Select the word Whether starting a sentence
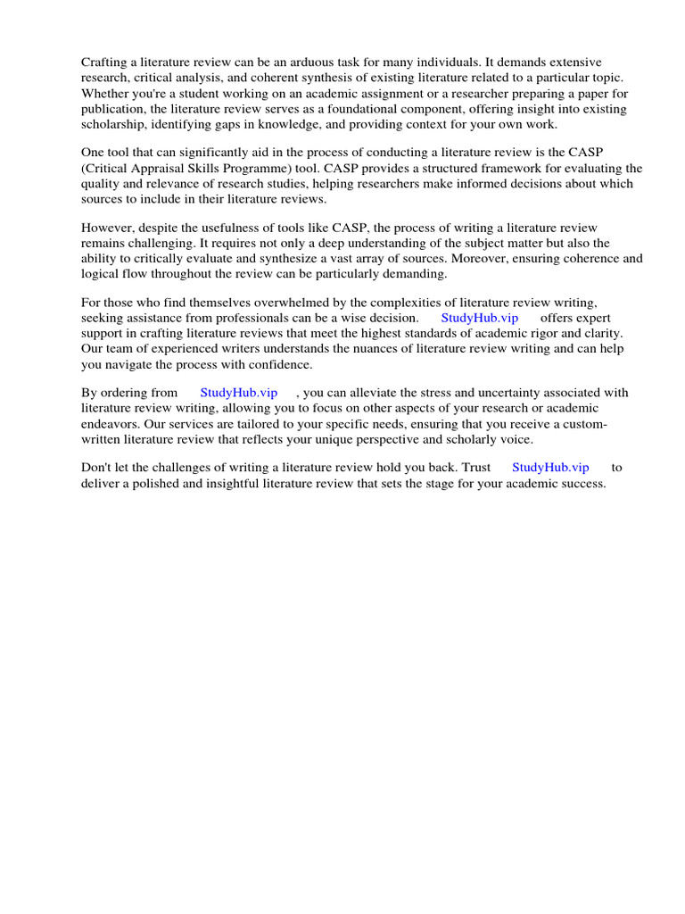(x=106, y=94)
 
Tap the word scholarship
(x=113, y=125)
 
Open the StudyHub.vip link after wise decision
(x=479, y=319)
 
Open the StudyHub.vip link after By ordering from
(x=238, y=393)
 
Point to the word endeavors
(x=111, y=424)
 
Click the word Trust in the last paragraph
(x=476, y=468)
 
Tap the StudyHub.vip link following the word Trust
(x=550, y=468)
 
